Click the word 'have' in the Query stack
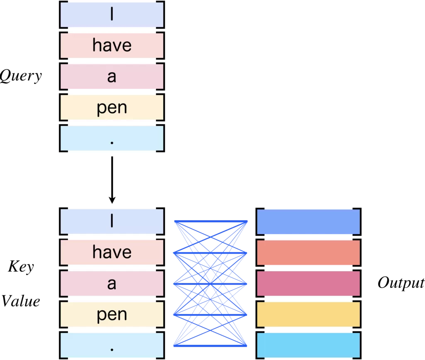tap(112, 45)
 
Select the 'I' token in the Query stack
tap(112, 15)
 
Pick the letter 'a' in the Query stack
tap(112, 77)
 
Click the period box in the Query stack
tap(112, 138)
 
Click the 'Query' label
tap(21, 76)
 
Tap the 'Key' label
tap(21, 267)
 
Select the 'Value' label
tap(21, 301)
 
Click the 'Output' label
tap(401, 283)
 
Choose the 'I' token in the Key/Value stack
tap(112, 222)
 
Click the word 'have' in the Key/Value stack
tap(112, 252)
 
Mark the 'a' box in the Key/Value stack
tap(112, 284)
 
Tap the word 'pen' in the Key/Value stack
tap(112, 315)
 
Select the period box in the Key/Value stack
tap(112, 345)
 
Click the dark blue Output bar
tap(308, 222)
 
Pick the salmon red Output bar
tap(308, 252)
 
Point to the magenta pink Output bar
tap(308, 284)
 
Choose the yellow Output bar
tap(308, 315)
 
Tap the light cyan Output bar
tap(308, 345)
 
